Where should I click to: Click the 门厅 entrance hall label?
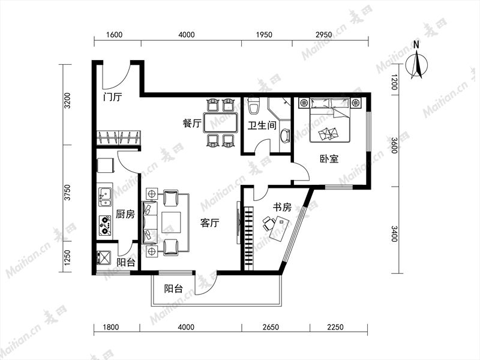coord(113,97)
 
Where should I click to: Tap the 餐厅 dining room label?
coord(192,124)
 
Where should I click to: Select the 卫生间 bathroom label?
coord(262,125)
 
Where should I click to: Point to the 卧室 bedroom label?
coord(329,159)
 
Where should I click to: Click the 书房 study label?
coord(282,207)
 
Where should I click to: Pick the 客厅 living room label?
coord(209,223)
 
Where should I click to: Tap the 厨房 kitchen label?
coord(125,214)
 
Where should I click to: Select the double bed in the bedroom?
coord(330,120)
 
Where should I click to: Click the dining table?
coord(221,123)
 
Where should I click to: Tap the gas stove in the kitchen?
coord(104,226)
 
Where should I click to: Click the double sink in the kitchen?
coord(104,197)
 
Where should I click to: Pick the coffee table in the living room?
coord(169,222)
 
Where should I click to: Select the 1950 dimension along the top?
coord(264,34)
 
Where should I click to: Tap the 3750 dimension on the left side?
coord(67,192)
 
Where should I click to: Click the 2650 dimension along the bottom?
coord(271,327)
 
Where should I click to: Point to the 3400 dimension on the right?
coord(394,233)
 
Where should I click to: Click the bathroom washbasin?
coord(285,136)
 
